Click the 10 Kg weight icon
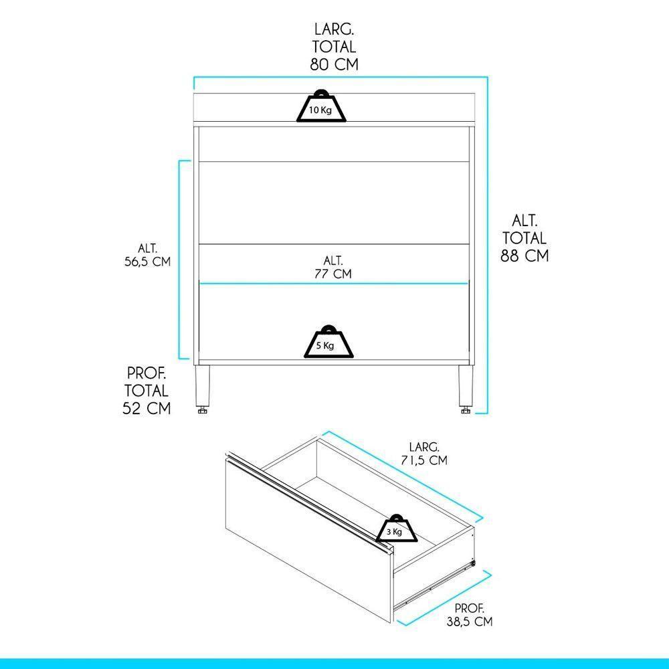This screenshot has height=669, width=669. (x=322, y=107)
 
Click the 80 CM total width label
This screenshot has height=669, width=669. (x=334, y=47)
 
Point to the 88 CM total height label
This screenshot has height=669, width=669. (x=524, y=237)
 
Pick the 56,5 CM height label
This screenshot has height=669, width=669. (x=147, y=254)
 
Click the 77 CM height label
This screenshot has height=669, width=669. (x=332, y=266)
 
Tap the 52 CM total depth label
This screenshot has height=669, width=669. (x=146, y=390)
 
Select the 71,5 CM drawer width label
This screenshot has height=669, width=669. (x=424, y=453)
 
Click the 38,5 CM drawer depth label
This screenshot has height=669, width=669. (x=470, y=615)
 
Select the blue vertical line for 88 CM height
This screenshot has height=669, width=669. (x=488, y=254)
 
